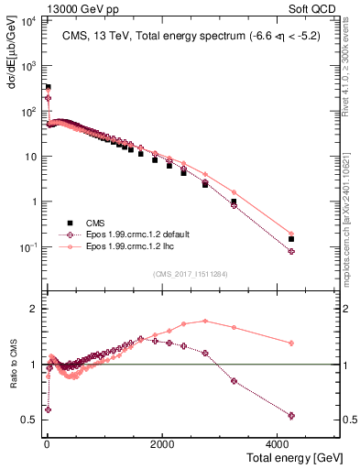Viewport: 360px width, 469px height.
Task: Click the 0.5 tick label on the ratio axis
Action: pyautogui.click(x=29, y=420)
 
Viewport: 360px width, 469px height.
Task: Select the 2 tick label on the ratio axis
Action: pyautogui.click(x=34, y=309)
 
